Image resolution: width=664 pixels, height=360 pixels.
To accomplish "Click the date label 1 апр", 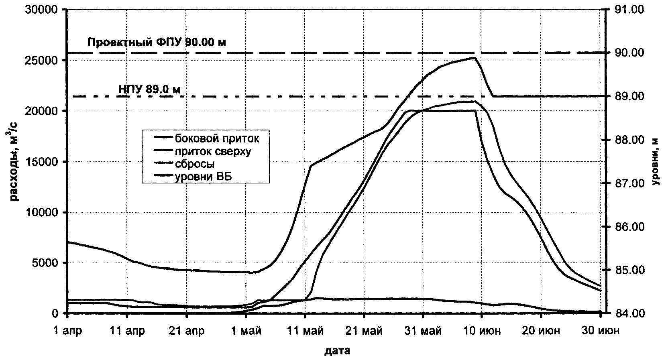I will click(67, 331).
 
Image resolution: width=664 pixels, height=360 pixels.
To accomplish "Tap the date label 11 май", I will click(305, 331).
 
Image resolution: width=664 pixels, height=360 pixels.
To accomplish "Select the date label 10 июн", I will click(481, 331).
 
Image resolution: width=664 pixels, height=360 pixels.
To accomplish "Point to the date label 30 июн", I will click(600, 331).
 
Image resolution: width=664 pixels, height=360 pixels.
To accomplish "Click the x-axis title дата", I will click(337, 351).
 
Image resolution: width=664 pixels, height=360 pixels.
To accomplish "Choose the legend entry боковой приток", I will click(217, 139).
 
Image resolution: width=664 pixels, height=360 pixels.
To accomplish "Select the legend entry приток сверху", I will click(213, 151).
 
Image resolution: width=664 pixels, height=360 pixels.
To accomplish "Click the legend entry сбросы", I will click(195, 164).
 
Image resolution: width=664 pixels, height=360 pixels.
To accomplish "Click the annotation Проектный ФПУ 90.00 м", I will click(157, 42).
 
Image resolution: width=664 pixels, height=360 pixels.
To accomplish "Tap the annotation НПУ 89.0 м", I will click(149, 89).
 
